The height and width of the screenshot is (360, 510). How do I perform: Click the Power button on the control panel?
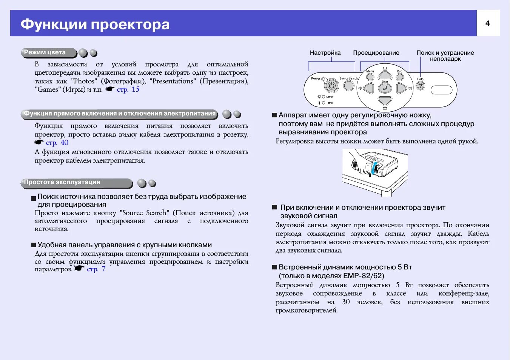click(331, 86)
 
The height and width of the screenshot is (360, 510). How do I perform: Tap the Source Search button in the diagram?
click(349, 86)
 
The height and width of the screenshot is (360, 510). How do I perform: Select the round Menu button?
click(370, 77)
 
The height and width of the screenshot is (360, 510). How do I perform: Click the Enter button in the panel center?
click(385, 88)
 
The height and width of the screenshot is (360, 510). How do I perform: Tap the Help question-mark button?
click(420, 86)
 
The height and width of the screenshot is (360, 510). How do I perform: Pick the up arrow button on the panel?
click(385, 75)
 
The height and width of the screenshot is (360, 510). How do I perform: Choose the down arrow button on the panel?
click(385, 101)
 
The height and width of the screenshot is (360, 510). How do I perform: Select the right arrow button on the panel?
click(401, 88)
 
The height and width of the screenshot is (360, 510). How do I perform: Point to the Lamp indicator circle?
click(324, 97)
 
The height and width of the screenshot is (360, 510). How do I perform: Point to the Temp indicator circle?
click(324, 103)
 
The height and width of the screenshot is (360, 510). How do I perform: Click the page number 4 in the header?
click(488, 23)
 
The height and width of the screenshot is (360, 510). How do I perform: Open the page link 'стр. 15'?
click(128, 89)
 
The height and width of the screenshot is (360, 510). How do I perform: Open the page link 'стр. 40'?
click(57, 143)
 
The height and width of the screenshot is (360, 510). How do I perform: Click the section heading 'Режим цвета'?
click(45, 52)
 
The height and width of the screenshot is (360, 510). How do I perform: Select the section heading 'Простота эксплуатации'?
click(62, 182)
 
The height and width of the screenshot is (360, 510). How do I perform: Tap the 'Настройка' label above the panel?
click(325, 53)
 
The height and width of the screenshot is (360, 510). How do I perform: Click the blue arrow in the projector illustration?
click(374, 168)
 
